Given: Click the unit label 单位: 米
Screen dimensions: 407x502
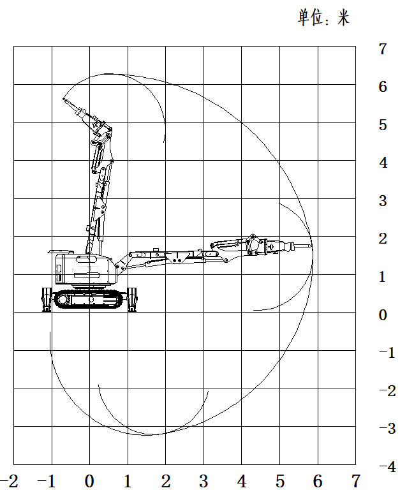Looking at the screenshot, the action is click(x=323, y=17).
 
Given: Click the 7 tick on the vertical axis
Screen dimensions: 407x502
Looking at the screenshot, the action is click(x=383, y=49).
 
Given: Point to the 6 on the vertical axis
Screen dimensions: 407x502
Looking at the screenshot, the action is click(x=383, y=87).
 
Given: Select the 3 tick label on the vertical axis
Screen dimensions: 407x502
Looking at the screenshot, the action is click(x=383, y=201).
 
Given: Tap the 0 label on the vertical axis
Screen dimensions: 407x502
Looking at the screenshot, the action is click(x=383, y=315).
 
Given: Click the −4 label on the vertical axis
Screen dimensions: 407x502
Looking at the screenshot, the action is click(x=388, y=467).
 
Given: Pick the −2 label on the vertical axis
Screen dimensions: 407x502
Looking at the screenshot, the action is click(x=388, y=391).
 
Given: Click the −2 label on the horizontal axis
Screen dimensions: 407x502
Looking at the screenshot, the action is click(x=9, y=481).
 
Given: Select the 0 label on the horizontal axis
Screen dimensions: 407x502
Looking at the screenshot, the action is click(x=89, y=481).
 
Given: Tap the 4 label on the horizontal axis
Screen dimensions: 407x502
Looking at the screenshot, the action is click(x=242, y=481).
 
